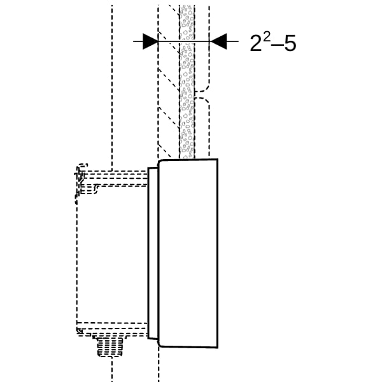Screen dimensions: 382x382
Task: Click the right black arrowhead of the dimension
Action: point(218,41)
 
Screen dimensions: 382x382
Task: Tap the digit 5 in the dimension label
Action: point(290,43)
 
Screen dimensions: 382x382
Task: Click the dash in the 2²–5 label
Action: point(277,45)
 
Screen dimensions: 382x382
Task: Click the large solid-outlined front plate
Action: point(188,253)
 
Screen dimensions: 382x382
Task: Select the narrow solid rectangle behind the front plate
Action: point(153,253)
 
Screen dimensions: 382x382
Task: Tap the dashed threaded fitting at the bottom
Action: point(110,346)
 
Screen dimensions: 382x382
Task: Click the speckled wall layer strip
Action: point(187,81)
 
